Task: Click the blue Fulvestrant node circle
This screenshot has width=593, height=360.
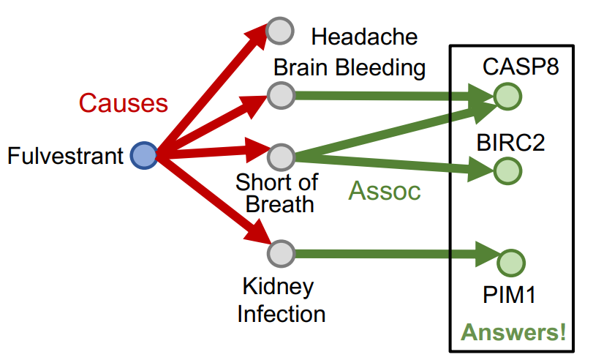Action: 144,156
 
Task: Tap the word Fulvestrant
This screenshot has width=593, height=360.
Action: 66,156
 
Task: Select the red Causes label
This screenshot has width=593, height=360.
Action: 123,103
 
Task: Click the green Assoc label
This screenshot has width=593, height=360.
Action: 385,191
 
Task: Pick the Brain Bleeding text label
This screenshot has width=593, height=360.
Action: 350,68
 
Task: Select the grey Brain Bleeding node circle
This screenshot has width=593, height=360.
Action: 281,95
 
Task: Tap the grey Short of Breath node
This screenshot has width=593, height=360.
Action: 281,157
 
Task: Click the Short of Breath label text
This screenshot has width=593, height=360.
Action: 277,192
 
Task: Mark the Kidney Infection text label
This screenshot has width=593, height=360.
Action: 281,299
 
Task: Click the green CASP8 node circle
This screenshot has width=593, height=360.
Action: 507,96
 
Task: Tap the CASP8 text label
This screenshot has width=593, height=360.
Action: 521,67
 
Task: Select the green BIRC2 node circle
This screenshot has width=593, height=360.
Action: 507,171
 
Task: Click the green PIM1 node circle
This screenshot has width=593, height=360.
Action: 510,261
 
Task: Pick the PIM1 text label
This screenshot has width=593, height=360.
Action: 510,296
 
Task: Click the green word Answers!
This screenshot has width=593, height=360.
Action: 513,333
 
